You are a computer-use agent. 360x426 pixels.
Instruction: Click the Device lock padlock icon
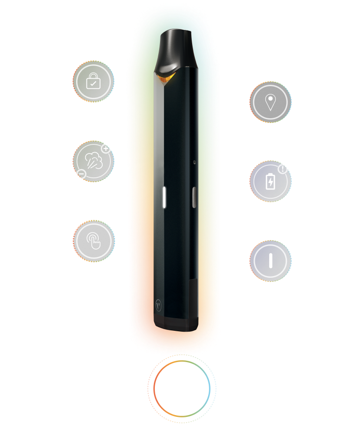pos(93,81)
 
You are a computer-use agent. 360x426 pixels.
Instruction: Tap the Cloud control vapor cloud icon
pos(93,161)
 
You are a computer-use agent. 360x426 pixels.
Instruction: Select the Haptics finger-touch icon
pos(93,240)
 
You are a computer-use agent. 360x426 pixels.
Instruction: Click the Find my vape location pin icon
pos(271,103)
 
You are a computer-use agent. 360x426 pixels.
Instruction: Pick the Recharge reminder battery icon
pos(270,182)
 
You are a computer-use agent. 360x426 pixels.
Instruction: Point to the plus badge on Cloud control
pos(106,149)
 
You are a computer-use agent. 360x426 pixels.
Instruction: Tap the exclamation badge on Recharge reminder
pos(283,169)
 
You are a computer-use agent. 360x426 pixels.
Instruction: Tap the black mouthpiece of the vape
pos(177,52)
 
